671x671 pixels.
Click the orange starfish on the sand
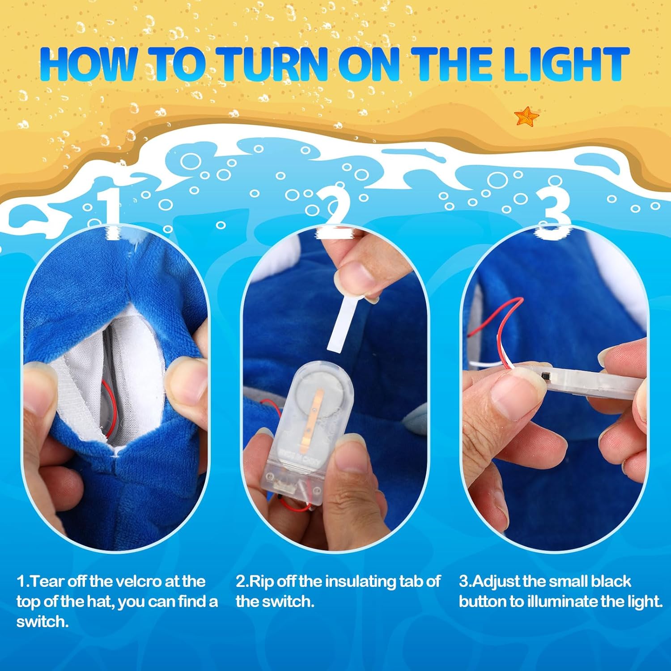(527, 116)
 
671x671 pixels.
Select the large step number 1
(110, 213)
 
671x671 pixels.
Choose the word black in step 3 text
(611, 581)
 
